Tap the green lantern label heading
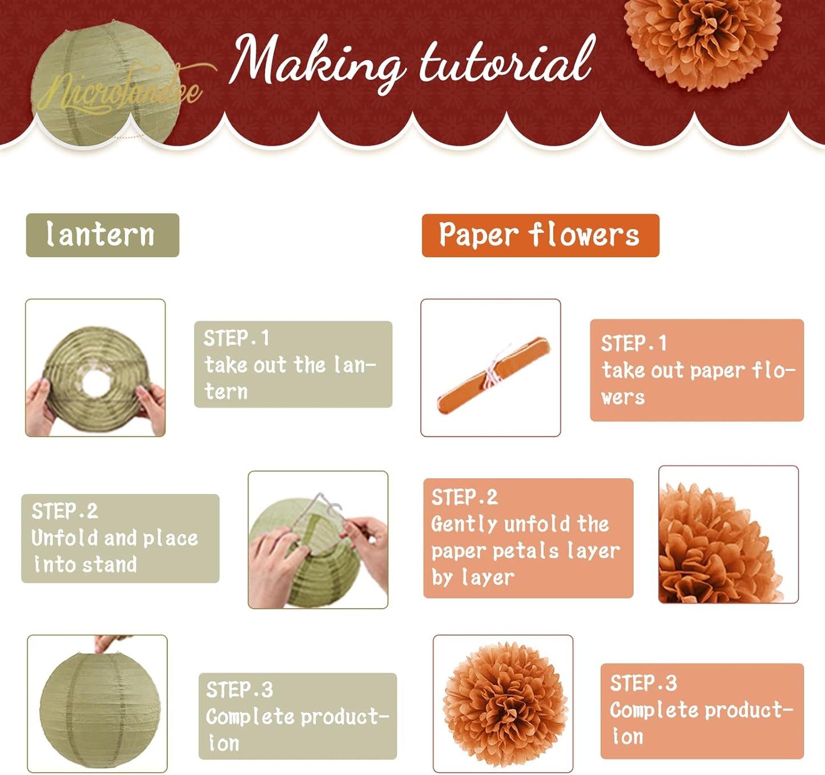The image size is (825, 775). click(x=102, y=235)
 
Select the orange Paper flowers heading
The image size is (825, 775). click(x=540, y=235)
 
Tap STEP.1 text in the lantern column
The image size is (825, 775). click(x=236, y=338)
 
